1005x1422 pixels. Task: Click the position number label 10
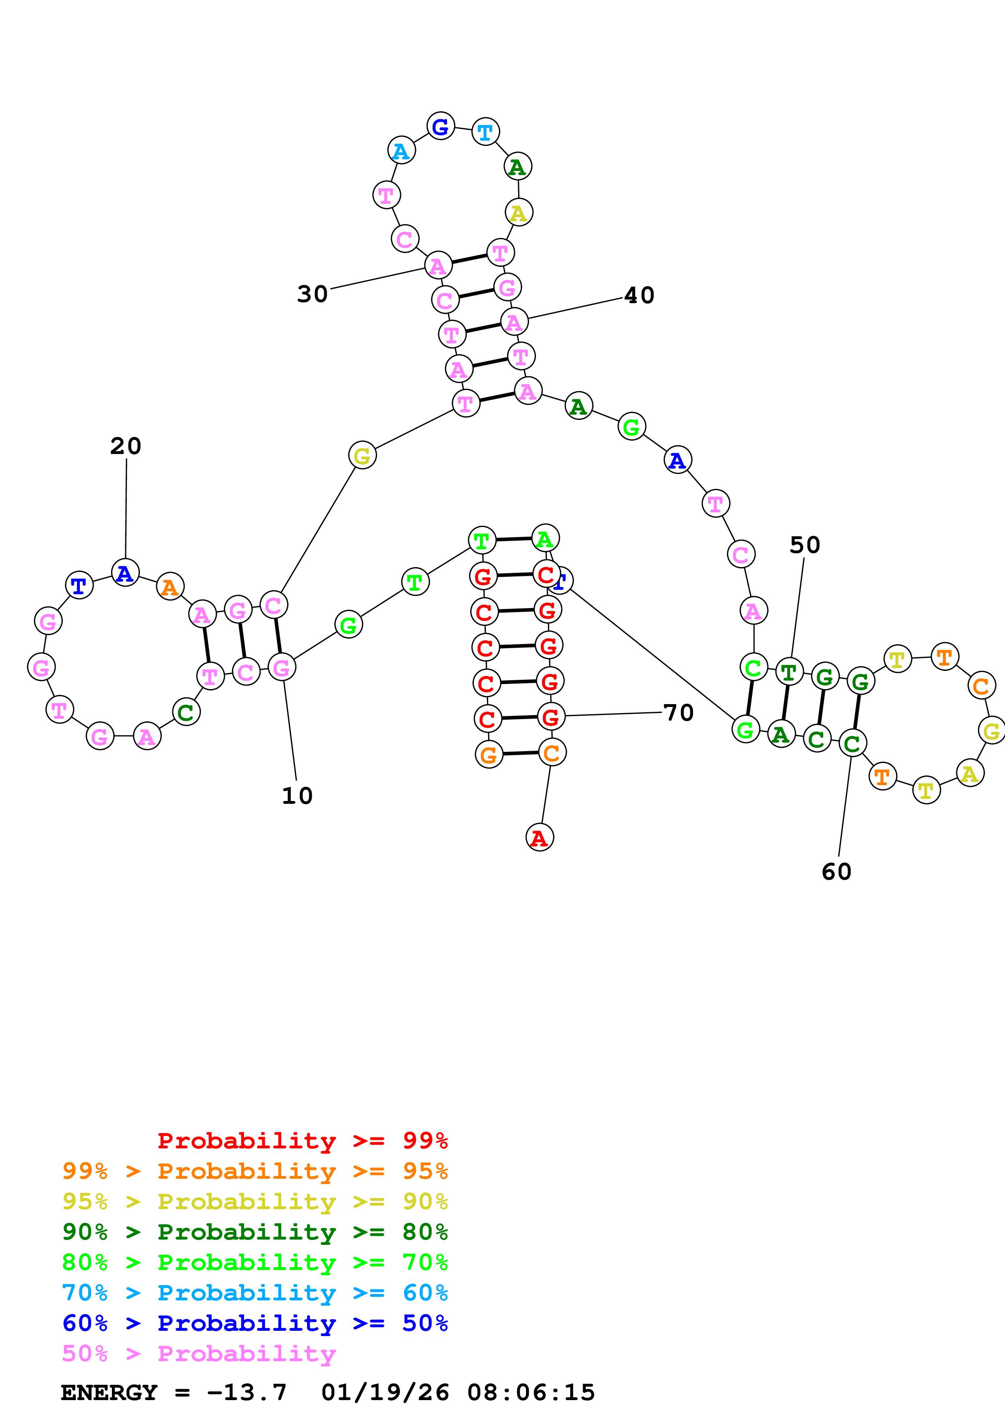[x=297, y=796]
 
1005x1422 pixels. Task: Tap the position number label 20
[x=126, y=446]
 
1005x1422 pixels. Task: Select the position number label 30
[x=312, y=294]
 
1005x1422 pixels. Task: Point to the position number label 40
[x=639, y=296]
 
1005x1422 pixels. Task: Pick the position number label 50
[x=804, y=545]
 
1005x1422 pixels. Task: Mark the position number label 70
[x=678, y=713]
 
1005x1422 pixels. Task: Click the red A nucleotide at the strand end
[x=539, y=837]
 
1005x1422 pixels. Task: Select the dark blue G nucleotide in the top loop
[x=440, y=126]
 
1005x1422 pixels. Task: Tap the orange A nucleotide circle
[x=170, y=587]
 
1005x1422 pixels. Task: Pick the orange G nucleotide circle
[x=489, y=754]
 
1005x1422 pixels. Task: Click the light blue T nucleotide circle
[x=485, y=132]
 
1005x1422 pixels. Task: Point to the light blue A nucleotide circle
[x=401, y=150]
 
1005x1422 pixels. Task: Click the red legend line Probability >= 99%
[x=302, y=1141]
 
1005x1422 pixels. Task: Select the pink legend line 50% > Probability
[x=198, y=1354]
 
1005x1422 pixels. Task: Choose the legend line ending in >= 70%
[x=255, y=1262]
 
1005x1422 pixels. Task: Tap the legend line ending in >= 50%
[x=255, y=1323]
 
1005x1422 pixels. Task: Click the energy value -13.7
[x=246, y=1393]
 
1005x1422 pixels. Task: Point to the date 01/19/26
[x=385, y=1393]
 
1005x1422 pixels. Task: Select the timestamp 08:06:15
[x=531, y=1393]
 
